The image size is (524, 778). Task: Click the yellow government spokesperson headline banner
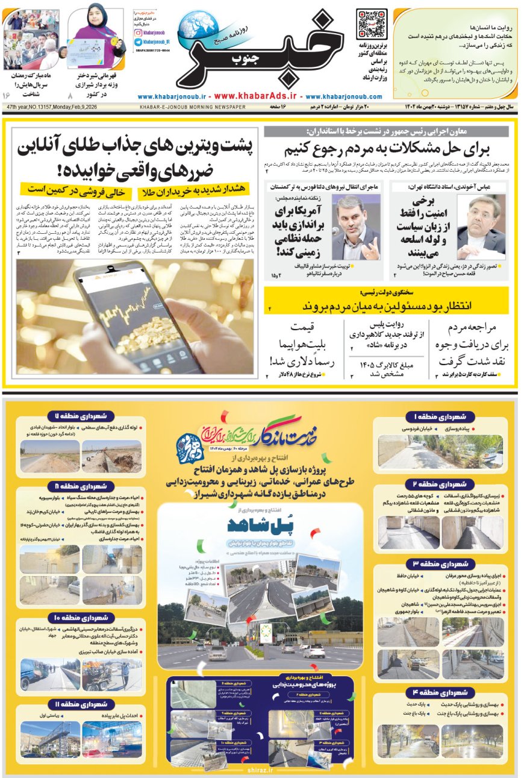(386, 300)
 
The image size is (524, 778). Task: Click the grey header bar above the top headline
(386, 131)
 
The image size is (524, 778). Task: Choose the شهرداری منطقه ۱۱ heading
(81, 704)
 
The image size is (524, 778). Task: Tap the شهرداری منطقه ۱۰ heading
(81, 618)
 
